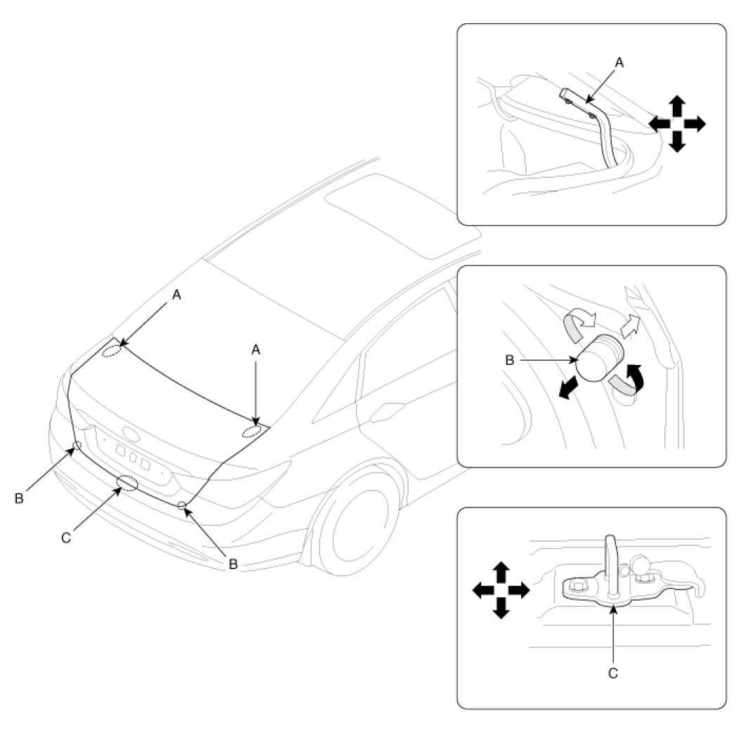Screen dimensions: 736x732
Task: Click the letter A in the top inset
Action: tap(619, 62)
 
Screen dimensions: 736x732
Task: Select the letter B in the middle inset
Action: tap(511, 361)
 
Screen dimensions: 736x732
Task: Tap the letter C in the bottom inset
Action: tap(612, 672)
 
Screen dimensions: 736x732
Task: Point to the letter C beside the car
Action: tap(66, 537)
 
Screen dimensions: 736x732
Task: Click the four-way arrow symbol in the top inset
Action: tap(676, 124)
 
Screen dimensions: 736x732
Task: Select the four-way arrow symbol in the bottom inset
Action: tap(500, 590)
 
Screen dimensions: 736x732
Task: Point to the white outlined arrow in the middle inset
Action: tap(632, 324)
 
